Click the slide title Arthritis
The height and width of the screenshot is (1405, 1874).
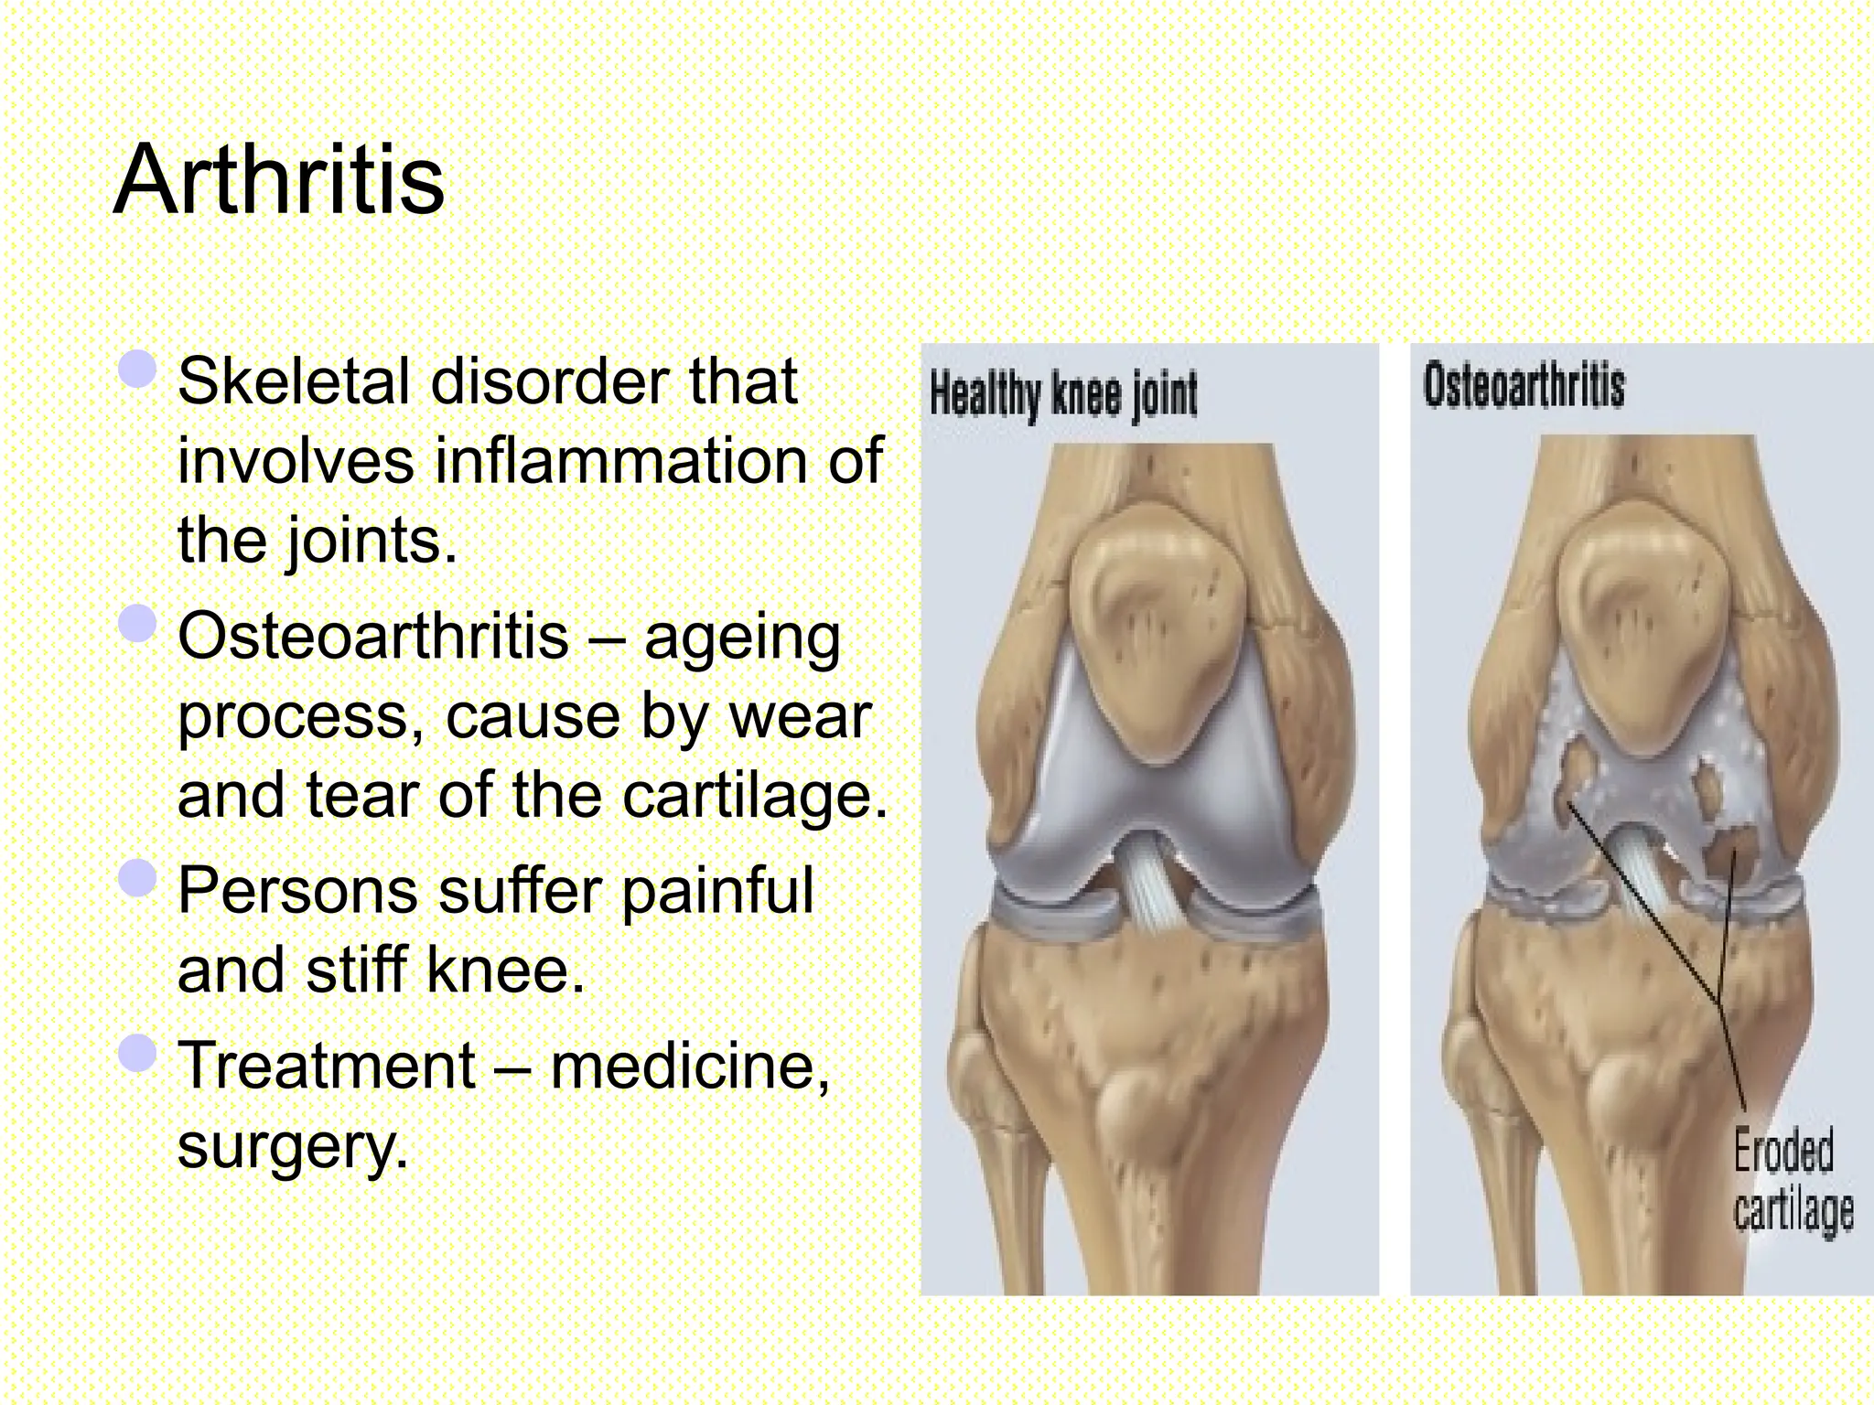click(x=278, y=180)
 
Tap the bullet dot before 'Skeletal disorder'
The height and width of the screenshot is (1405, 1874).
click(x=138, y=370)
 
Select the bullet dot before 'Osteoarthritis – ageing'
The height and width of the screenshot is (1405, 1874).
click(x=138, y=624)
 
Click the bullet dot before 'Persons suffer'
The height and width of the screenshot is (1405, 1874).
click(x=138, y=878)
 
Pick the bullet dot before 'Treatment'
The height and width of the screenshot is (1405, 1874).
click(x=138, y=1054)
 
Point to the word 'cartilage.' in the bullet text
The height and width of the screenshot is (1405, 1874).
click(x=755, y=795)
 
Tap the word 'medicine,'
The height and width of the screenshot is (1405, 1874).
click(x=690, y=1067)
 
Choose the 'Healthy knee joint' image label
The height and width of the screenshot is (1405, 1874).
click(x=1063, y=394)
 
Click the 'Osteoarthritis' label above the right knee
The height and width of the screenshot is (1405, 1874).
click(x=1524, y=385)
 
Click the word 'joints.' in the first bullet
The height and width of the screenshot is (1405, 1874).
click(x=372, y=541)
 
